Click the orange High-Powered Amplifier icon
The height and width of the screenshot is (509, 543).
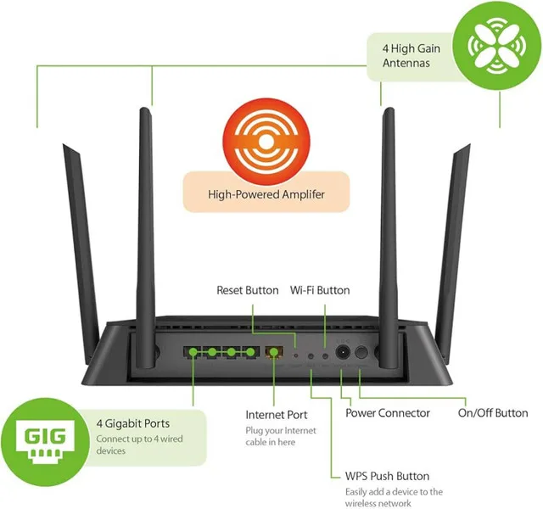(x=266, y=137)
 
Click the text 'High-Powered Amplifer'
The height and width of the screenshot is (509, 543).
(x=266, y=194)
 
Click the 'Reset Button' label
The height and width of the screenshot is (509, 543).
(x=248, y=290)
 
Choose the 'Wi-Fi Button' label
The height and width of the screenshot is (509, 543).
(x=320, y=290)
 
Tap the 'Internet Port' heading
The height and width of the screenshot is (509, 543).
(x=277, y=416)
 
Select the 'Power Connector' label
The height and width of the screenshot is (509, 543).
(x=388, y=413)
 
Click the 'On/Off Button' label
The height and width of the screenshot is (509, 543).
(x=493, y=413)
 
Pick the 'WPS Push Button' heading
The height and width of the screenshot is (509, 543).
(x=387, y=476)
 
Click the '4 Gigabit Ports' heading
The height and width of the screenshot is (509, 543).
(x=133, y=423)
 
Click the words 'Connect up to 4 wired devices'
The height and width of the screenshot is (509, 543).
(x=140, y=445)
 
